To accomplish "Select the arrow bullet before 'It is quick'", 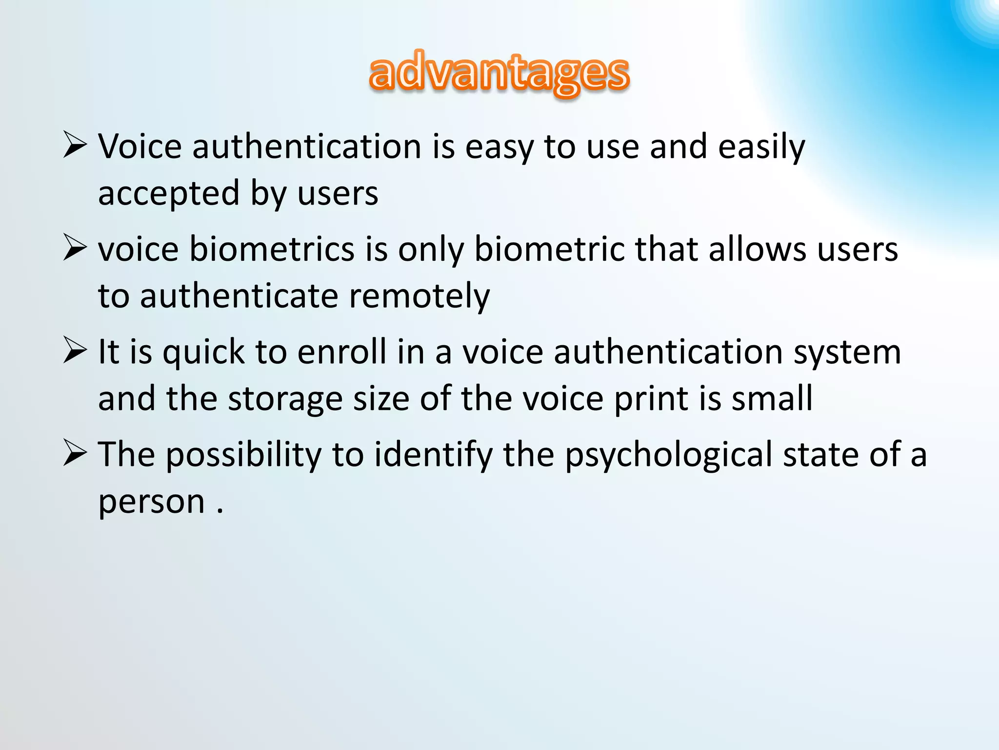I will [x=75, y=351].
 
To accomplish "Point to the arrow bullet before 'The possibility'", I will [x=75, y=454].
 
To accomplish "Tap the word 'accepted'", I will [x=169, y=193].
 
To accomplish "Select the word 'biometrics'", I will [x=272, y=249].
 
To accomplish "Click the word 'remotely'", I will [x=420, y=296].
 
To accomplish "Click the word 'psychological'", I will [x=668, y=455].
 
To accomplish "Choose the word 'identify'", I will [x=434, y=455].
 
